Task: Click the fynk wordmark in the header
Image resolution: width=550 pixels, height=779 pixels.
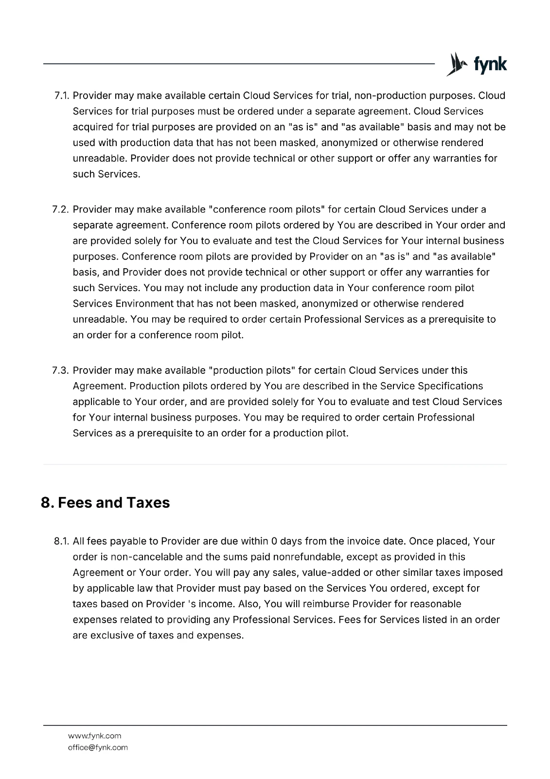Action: tap(490, 65)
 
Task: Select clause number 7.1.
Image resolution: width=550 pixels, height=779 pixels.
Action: tap(61, 96)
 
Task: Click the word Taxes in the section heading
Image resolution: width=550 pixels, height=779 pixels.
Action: tap(148, 502)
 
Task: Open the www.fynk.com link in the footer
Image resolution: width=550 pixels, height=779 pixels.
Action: tap(95, 736)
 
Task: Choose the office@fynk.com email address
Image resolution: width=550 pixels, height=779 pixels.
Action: tap(98, 747)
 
